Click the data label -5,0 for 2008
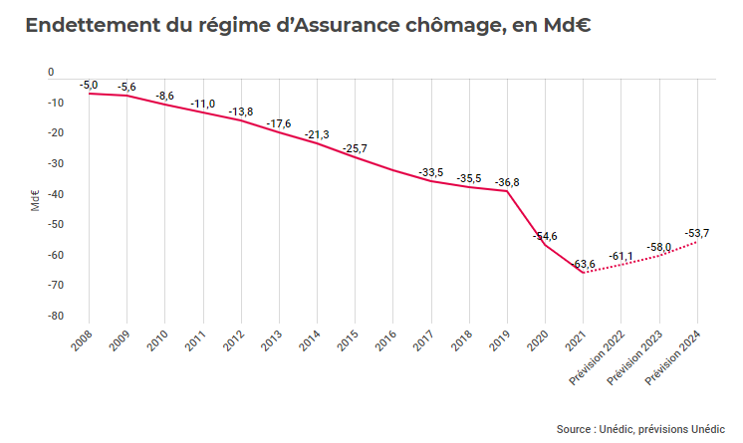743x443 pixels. tap(89, 87)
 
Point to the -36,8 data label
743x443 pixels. tap(507, 182)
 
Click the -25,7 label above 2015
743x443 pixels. tap(355, 149)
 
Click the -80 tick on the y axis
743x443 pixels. tap(56, 316)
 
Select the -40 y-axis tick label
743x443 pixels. tap(56, 194)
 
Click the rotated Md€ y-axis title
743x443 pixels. tap(35, 200)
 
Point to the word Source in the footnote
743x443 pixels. tap(574, 429)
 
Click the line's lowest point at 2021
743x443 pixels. tap(583, 273)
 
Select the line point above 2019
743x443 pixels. tap(507, 191)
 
